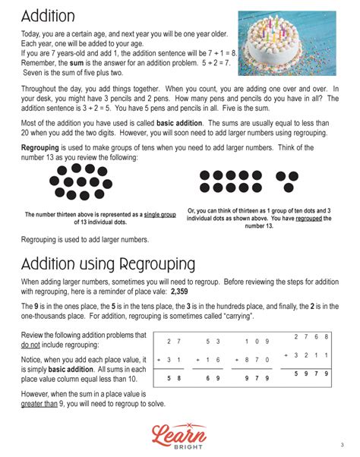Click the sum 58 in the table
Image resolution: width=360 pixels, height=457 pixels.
click(175, 376)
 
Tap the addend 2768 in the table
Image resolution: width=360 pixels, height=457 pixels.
click(311, 336)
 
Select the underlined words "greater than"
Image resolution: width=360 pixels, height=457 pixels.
click(41, 405)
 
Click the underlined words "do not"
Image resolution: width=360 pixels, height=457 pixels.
click(34, 344)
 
